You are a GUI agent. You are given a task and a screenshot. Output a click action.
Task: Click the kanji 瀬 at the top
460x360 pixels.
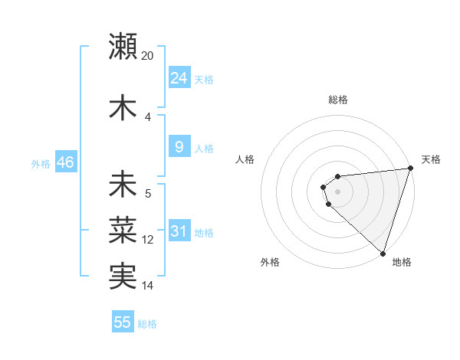click(x=123, y=46)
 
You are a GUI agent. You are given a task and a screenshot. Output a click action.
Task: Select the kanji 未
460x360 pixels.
click(x=123, y=185)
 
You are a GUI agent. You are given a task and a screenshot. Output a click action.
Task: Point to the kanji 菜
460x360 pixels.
click(x=123, y=228)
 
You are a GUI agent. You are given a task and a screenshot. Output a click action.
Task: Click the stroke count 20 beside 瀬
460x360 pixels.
click(x=148, y=56)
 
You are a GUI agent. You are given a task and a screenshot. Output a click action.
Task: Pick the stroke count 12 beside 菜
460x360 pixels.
click(x=148, y=240)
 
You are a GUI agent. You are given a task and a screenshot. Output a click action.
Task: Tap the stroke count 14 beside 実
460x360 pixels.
click(x=148, y=286)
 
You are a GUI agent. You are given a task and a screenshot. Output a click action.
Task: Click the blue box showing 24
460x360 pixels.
click(x=179, y=78)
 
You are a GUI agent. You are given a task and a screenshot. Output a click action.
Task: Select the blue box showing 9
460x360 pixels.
click(x=179, y=147)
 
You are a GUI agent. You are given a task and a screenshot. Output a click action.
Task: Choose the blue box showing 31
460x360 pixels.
click(x=179, y=231)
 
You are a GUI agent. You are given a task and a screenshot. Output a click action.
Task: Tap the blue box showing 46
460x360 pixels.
click(x=65, y=162)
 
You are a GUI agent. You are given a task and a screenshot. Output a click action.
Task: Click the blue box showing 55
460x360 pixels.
click(x=123, y=322)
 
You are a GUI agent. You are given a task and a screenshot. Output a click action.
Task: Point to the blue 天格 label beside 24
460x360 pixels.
click(x=204, y=80)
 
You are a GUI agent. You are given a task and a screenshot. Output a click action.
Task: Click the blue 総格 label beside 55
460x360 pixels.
click(x=147, y=324)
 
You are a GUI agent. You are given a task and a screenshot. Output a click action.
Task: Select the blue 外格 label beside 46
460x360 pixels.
click(x=41, y=164)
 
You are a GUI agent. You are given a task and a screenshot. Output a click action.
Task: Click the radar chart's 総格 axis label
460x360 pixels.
click(x=337, y=100)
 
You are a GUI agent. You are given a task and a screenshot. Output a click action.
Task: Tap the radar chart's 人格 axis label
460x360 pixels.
click(x=245, y=159)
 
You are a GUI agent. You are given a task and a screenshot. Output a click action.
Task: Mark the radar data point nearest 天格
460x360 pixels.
click(x=410, y=169)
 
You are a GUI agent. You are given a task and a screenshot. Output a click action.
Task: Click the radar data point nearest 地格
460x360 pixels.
click(x=383, y=253)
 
